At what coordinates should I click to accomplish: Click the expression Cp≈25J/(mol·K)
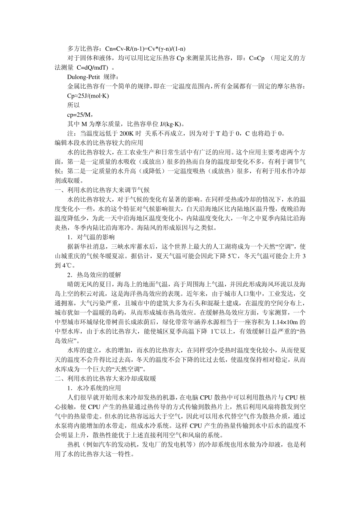click(88, 96)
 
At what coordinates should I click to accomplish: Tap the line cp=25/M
click(80, 114)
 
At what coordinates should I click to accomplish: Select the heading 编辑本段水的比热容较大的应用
click(99, 143)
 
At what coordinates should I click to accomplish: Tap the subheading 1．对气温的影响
click(91, 237)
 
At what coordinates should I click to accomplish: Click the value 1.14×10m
click(285, 322)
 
